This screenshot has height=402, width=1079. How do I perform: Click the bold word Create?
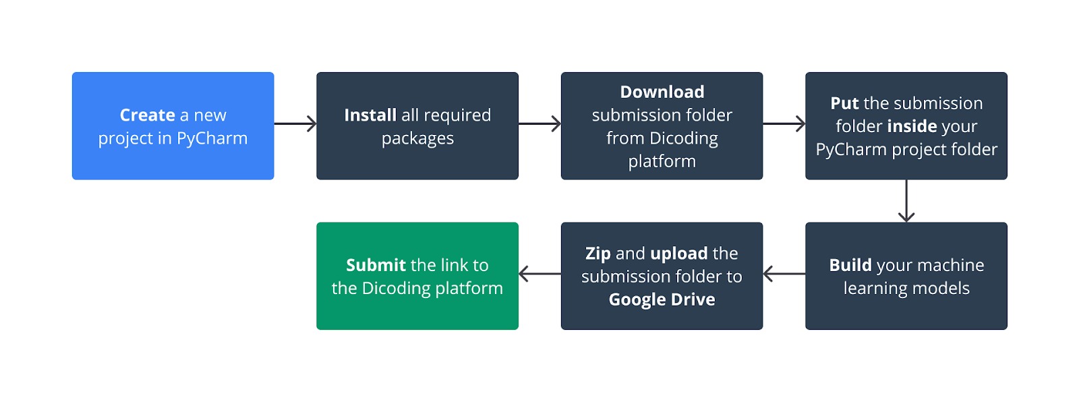tap(147, 115)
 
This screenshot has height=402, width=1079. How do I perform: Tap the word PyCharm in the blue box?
tap(212, 138)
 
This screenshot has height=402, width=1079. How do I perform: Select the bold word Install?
tap(370, 115)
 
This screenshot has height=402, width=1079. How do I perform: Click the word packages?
tap(417, 139)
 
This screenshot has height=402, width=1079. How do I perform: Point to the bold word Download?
tap(662, 92)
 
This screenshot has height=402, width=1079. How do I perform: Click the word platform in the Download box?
tap(662, 161)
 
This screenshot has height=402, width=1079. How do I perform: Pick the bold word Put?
tap(844, 103)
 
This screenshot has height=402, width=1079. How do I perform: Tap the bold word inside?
tap(912, 126)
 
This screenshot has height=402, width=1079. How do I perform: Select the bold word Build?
tap(850, 265)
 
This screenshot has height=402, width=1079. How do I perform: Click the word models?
tap(938, 288)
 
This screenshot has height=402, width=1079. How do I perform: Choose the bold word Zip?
tap(597, 254)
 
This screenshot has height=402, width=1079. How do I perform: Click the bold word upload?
tap(678, 254)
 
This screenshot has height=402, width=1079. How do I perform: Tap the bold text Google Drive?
tap(662, 299)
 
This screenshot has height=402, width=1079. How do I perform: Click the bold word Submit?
tap(376, 265)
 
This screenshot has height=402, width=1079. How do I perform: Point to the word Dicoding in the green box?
tap(396, 288)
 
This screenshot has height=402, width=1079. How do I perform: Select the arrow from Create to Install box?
tap(295, 124)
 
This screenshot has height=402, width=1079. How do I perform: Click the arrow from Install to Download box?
tap(539, 124)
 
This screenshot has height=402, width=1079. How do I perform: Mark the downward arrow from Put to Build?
tap(906, 201)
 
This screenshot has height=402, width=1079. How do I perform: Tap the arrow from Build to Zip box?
tap(784, 274)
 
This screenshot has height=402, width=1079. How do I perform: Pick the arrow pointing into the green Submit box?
tap(539, 274)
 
